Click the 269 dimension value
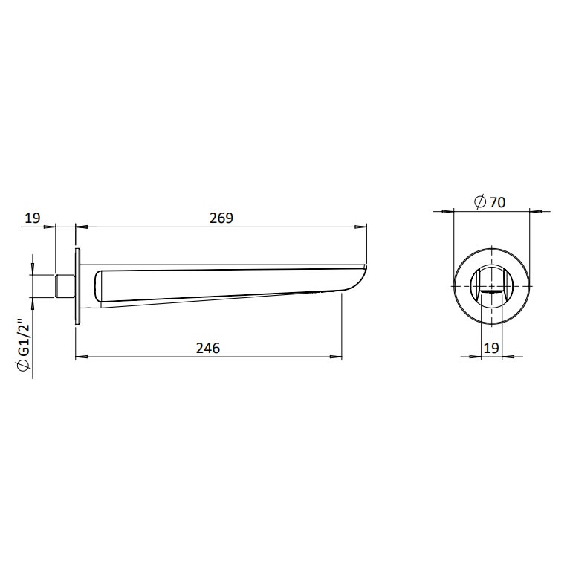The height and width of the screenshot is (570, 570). click(221, 218)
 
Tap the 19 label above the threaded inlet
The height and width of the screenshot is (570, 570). click(32, 218)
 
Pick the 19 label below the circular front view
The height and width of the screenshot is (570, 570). click(490, 348)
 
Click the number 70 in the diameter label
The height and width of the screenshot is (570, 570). click(497, 201)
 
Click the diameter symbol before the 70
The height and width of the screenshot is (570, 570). click(479, 201)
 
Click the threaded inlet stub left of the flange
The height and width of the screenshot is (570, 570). click(65, 286)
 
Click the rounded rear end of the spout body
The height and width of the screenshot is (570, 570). click(100, 288)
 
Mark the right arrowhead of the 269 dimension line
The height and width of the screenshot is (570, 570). click(363, 227)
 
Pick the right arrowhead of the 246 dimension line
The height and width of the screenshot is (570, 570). click(338, 358)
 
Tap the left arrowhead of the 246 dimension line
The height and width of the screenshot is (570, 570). click(81, 358)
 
